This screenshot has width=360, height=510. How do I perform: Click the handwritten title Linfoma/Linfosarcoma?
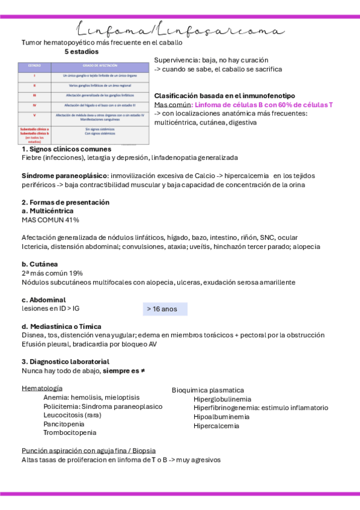click(180, 31)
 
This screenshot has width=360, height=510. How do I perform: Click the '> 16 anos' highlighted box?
click(165, 309)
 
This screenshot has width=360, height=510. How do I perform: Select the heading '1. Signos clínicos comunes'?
click(66, 149)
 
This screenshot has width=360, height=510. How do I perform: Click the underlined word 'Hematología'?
click(42, 389)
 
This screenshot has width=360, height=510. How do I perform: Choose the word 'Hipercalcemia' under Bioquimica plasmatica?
click(216, 426)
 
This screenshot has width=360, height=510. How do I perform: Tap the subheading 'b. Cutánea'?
click(40, 264)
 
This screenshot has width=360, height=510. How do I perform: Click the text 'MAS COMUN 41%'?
click(50, 220)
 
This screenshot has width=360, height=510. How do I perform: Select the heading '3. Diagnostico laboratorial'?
click(66, 361)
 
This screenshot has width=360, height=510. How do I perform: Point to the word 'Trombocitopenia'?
click(70, 432)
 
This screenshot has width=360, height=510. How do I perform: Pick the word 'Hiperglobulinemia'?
click(222, 399)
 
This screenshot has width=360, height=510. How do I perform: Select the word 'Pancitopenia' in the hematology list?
click(64, 423)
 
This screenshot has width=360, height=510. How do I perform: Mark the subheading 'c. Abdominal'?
click(43, 300)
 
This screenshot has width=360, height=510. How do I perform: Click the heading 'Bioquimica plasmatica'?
click(208, 390)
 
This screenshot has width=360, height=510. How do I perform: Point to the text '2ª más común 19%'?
click(52, 273)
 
